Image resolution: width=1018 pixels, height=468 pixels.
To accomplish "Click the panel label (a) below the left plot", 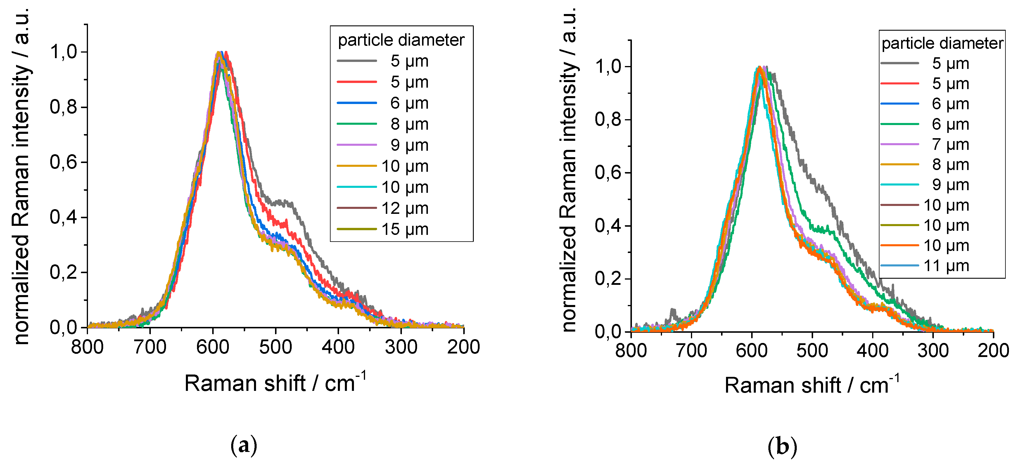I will (243, 446).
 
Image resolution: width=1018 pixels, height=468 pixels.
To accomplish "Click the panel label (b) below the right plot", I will (782, 447).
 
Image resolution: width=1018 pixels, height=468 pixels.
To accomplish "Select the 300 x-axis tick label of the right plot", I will (933, 351).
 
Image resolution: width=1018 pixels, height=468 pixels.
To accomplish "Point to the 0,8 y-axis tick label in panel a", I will (63, 107).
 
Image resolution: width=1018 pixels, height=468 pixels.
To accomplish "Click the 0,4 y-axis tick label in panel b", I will (608, 226).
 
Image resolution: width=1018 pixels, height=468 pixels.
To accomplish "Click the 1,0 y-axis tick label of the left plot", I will (63, 52).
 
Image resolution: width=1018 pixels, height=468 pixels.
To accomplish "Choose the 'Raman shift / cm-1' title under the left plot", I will (275, 382).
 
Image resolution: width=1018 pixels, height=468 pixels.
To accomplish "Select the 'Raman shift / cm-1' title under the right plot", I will (812, 384).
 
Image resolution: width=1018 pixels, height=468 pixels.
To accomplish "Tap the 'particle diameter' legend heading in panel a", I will (401, 40).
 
